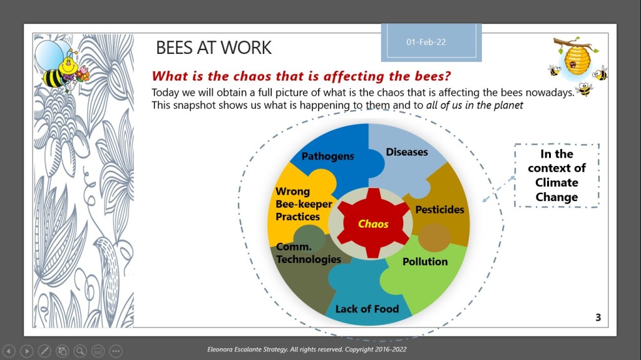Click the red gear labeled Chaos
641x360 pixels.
point(373,224)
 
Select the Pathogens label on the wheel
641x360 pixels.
point(328,157)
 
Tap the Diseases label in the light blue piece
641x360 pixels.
point(407,152)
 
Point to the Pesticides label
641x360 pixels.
point(439,210)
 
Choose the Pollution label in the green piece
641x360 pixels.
point(425,262)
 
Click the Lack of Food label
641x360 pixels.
point(367,309)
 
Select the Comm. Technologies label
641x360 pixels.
point(308,253)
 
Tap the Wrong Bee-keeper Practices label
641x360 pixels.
point(304,203)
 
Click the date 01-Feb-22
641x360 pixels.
point(426,42)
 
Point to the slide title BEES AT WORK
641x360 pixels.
point(214,48)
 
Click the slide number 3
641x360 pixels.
point(598,317)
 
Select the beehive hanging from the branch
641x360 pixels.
point(577,59)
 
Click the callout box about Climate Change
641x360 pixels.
point(556,175)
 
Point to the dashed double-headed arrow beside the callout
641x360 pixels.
point(499,188)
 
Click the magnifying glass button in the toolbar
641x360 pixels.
point(80,351)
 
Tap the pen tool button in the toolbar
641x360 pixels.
point(44,351)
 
